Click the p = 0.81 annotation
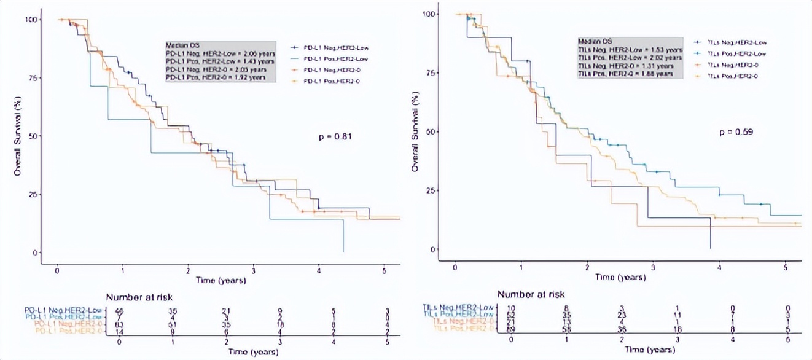coord(334,135)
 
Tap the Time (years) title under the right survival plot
coord(620,278)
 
